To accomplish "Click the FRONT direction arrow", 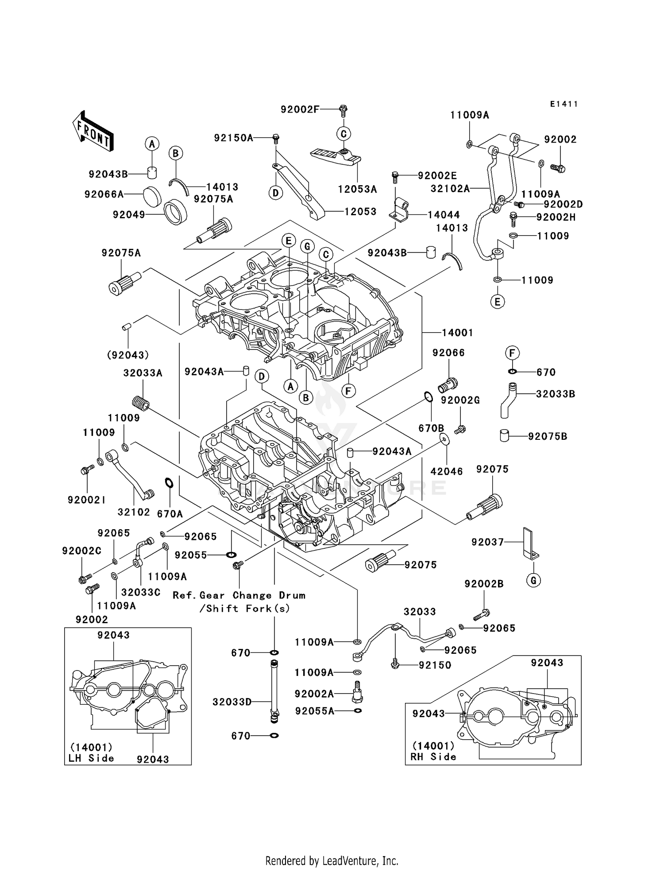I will point(93,132).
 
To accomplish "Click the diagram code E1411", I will point(564,104).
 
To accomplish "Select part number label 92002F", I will point(300,109).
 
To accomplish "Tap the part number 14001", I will point(457,333).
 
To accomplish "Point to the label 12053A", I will point(357,190).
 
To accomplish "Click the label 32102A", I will point(450,189).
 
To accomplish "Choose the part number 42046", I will point(447,471).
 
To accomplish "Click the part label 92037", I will point(487,542).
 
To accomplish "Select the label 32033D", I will point(232,702).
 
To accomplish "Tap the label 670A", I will point(170,514).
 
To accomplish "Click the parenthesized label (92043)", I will point(127,355).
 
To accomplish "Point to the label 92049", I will point(128,215).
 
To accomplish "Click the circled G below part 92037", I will point(533,580).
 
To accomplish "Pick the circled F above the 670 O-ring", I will point(512,353).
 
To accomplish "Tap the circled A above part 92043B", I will point(152,144).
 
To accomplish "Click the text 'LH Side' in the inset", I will point(91,758).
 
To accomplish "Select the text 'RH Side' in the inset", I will point(433,757).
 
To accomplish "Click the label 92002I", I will point(86,500).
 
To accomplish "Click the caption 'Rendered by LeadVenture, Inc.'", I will point(332,861).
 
